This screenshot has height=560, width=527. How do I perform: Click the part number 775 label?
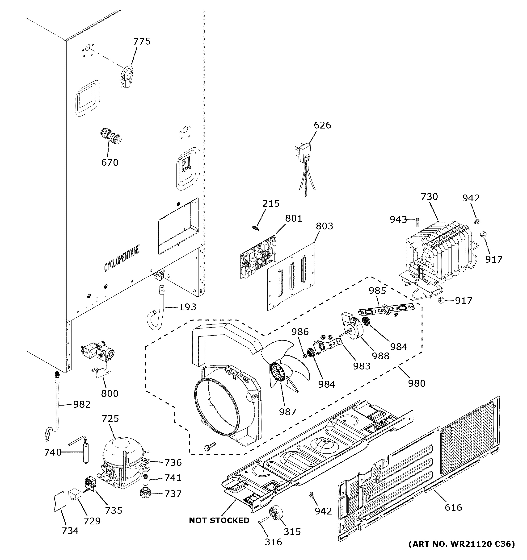pyautogui.click(x=142, y=41)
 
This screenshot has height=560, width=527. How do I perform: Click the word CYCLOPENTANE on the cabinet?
pyautogui.click(x=122, y=258)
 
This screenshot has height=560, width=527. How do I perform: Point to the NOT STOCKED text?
pyautogui.click(x=219, y=521)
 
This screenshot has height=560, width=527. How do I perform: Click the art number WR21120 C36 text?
pyautogui.click(x=462, y=544)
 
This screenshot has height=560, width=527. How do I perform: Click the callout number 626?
pyautogui.click(x=322, y=125)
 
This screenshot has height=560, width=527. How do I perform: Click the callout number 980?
pyautogui.click(x=417, y=383)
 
